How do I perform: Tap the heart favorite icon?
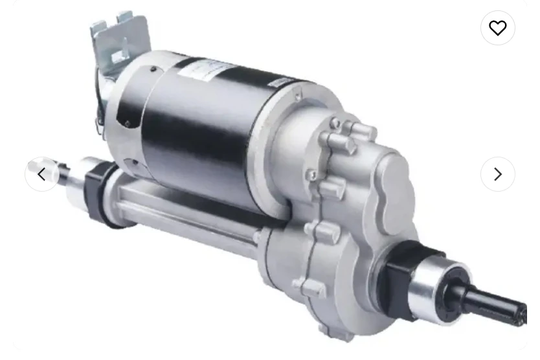497,28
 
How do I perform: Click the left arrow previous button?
42,174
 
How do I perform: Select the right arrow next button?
497,174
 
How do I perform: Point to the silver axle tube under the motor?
188,217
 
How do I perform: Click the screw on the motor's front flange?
297,98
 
